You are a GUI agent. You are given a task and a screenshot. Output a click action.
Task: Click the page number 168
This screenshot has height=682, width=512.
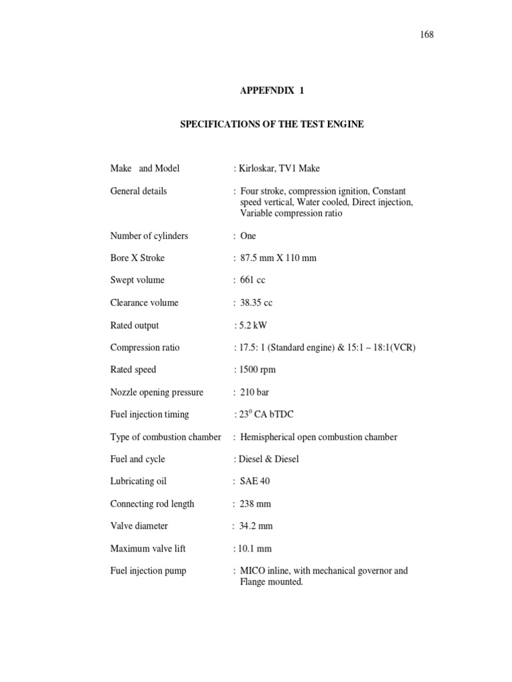(x=427, y=35)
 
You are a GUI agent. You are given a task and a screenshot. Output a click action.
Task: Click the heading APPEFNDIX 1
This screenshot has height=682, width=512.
(x=271, y=91)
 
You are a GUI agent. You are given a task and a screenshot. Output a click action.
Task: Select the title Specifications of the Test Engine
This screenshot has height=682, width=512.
(x=272, y=125)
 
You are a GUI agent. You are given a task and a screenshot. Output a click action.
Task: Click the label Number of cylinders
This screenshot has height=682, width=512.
(x=149, y=236)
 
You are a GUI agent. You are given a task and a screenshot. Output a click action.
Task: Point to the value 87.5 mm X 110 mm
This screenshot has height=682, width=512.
(x=278, y=258)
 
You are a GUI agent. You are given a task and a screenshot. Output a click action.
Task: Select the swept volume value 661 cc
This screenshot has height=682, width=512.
(x=253, y=280)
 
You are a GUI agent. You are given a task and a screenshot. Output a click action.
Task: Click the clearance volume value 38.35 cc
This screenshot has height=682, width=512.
(x=256, y=303)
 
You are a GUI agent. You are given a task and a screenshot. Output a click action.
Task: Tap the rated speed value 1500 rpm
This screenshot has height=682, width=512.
(x=257, y=370)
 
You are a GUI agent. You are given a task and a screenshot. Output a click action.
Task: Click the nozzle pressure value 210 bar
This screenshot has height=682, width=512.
(x=255, y=392)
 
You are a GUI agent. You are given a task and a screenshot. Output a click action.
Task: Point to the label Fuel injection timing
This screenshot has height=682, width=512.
(x=149, y=414)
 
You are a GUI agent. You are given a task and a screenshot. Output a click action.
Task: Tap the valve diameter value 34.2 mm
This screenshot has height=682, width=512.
(x=256, y=526)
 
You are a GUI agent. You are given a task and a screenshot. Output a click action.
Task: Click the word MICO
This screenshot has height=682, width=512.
(x=253, y=571)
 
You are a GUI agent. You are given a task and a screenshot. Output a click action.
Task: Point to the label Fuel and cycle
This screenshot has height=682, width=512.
(x=137, y=459)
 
